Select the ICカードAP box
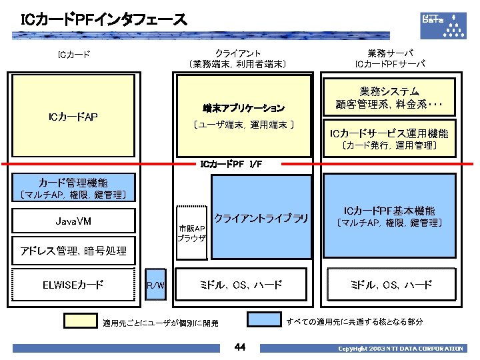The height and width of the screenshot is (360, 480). pos(73,117)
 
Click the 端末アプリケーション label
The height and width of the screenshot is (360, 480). pos(244,107)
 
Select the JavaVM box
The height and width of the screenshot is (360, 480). pos(73,221)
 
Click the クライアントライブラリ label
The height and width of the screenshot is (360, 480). pos(261,218)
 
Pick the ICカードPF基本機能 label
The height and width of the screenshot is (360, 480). pos(389,210)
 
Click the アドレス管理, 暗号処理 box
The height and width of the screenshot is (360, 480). pos(73,251)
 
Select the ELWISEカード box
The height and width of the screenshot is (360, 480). pos(73,285)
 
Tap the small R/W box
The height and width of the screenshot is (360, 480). pos(156,285)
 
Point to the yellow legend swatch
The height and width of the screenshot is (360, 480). pos(80,321)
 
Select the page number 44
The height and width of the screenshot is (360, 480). pos(240,347)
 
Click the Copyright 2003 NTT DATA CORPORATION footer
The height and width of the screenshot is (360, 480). pos(400,348)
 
